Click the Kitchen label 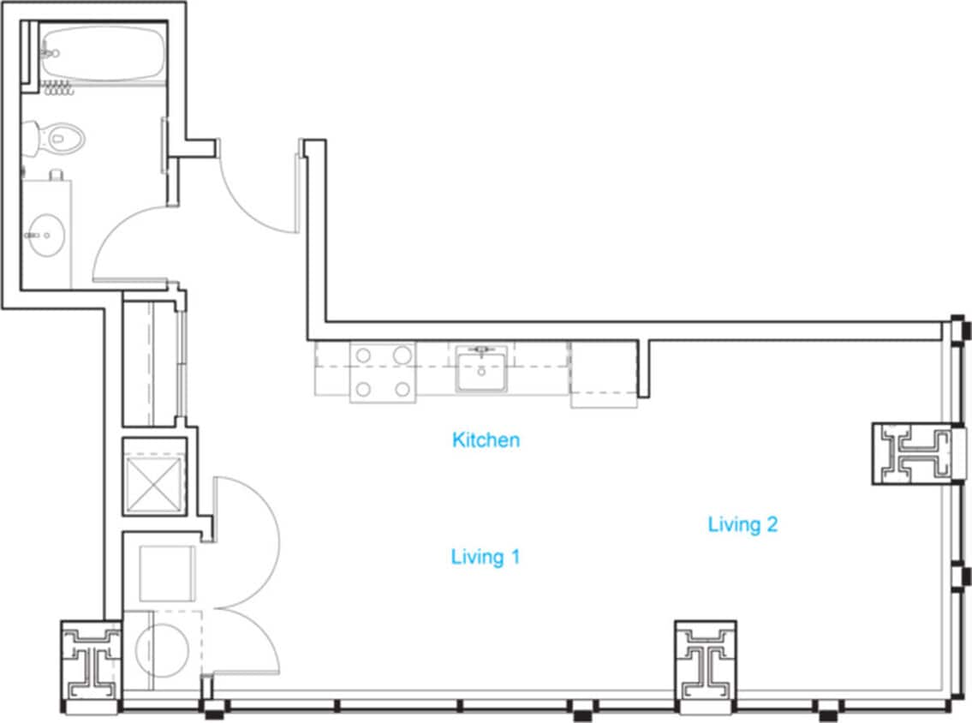(x=486, y=440)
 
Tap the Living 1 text (x=486, y=557)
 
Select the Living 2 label (x=742, y=524)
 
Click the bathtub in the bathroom (x=102, y=53)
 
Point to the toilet (x=56, y=137)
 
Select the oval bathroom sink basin (x=44, y=234)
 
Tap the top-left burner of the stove (x=363, y=355)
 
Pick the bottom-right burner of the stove (x=401, y=390)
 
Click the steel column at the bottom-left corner (x=91, y=665)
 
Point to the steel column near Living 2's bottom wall (x=706, y=660)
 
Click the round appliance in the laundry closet (x=162, y=650)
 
